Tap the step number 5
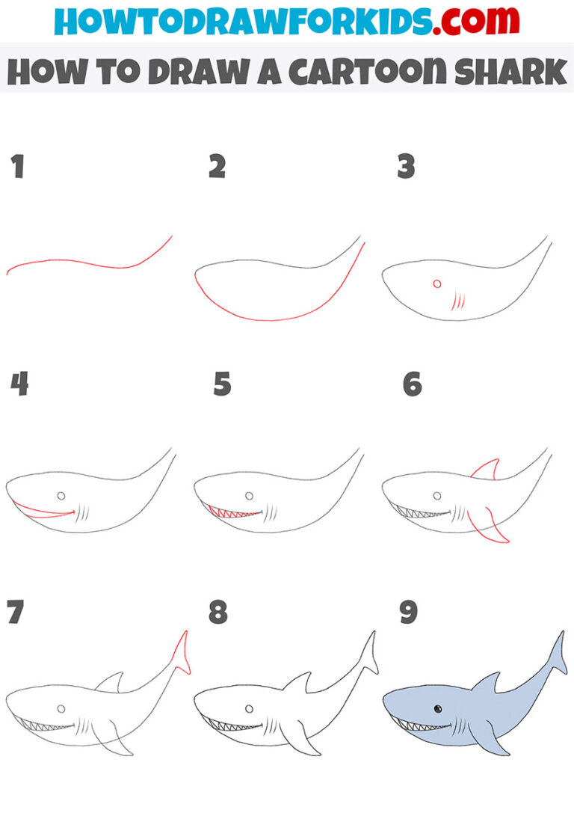click(222, 384)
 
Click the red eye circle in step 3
click(437, 283)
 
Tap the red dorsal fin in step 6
click(486, 470)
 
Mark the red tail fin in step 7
click(181, 651)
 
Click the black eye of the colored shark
click(437, 708)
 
